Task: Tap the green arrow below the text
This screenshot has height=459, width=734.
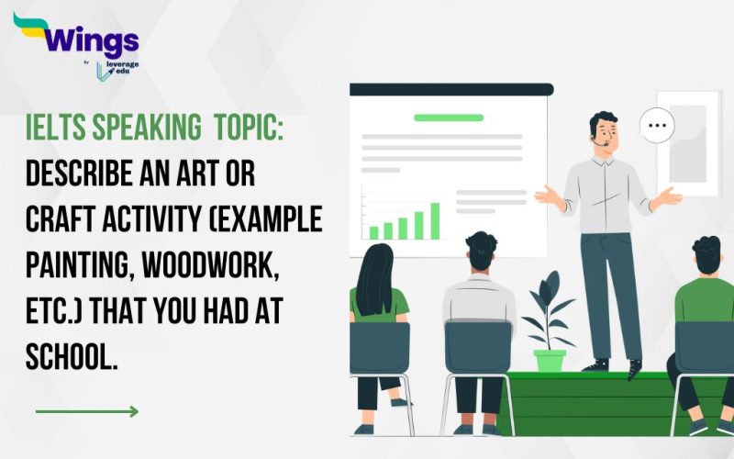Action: pyautogui.click(x=87, y=411)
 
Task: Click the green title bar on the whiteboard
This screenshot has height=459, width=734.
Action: pyautogui.click(x=448, y=118)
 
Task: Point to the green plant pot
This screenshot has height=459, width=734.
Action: pyautogui.click(x=550, y=360)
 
